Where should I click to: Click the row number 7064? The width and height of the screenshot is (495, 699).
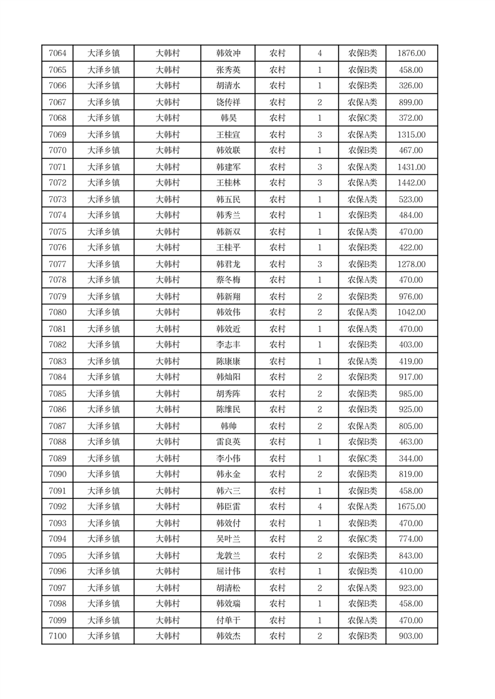click(x=57, y=54)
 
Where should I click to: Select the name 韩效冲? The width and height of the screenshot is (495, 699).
click(x=228, y=54)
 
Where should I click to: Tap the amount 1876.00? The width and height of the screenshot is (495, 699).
click(x=411, y=54)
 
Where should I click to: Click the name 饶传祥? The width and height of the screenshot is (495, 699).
click(x=228, y=102)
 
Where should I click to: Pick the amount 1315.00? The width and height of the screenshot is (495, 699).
click(x=411, y=135)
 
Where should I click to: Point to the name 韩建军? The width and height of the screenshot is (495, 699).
click(x=228, y=167)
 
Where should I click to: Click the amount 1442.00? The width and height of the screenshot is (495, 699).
click(x=411, y=183)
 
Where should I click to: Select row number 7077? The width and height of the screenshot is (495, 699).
click(x=57, y=264)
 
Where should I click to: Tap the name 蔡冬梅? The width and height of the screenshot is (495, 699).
click(x=228, y=280)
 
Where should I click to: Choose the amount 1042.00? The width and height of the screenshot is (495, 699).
click(x=411, y=312)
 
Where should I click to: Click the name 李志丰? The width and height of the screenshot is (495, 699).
click(x=228, y=345)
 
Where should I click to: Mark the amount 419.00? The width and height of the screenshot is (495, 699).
click(x=411, y=361)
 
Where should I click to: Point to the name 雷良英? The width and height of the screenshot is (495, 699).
click(x=228, y=442)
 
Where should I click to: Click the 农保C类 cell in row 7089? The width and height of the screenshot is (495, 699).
click(x=362, y=459)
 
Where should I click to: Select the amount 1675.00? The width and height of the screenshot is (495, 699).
click(x=411, y=506)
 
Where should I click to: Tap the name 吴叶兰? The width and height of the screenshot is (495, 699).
click(x=228, y=539)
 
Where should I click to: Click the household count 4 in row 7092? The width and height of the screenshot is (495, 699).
click(x=320, y=506)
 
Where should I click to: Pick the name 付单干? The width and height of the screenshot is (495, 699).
click(x=228, y=621)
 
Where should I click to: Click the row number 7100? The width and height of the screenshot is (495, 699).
click(x=57, y=636)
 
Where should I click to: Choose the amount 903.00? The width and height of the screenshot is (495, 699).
click(x=411, y=636)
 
